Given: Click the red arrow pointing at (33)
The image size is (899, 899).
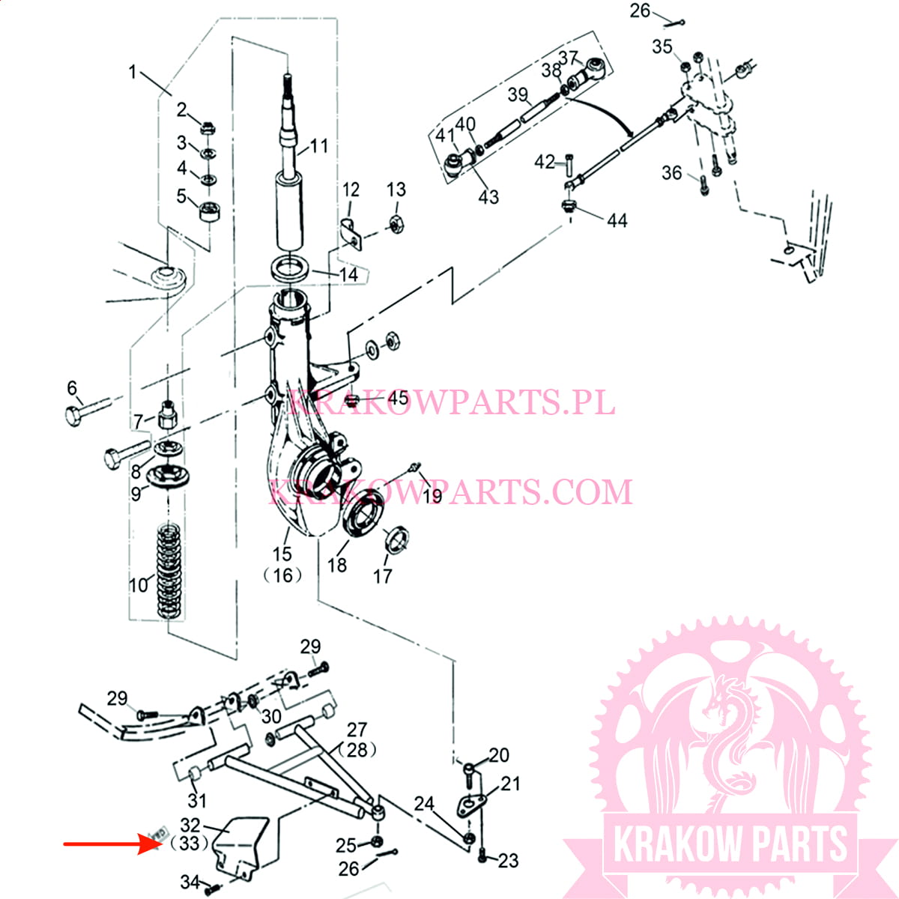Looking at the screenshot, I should [x=112, y=844].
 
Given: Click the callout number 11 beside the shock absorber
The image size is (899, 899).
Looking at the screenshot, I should [x=319, y=145].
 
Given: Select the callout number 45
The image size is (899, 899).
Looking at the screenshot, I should [x=397, y=398].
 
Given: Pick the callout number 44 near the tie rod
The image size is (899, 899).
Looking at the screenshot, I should [x=617, y=220].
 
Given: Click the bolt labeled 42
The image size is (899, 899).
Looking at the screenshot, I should [x=568, y=163].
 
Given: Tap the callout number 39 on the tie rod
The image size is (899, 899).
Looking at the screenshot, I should [x=518, y=94].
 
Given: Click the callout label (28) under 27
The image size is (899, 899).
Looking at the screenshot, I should [x=357, y=749].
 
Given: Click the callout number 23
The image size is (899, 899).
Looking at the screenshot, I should [x=508, y=861].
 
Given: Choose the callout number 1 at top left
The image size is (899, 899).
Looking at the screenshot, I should [x=133, y=72].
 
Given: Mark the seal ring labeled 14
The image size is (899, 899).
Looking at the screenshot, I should [x=288, y=267].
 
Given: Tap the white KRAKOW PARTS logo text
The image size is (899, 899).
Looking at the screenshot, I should [x=730, y=844].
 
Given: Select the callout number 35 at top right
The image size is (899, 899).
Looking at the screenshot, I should [x=662, y=46].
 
